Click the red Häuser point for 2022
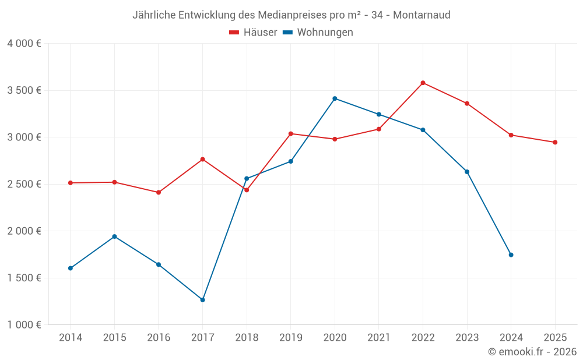click(423, 83)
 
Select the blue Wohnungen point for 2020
click(335, 98)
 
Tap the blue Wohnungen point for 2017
click(202, 300)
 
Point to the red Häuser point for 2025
click(555, 142)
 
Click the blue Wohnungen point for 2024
click(511, 255)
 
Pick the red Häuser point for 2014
click(70, 183)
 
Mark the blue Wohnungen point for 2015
click(114, 236)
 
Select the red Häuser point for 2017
click(202, 159)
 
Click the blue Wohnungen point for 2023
click(467, 172)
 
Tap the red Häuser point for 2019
click(290, 134)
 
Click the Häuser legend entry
click(254, 33)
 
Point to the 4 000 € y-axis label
click(24, 44)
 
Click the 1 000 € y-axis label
click(24, 325)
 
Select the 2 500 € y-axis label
click(24, 184)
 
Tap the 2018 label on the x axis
click(247, 338)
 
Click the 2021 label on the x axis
click(379, 338)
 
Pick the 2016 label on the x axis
click(159, 338)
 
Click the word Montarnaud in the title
click(422, 15)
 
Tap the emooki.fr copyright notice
click(532, 352)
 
